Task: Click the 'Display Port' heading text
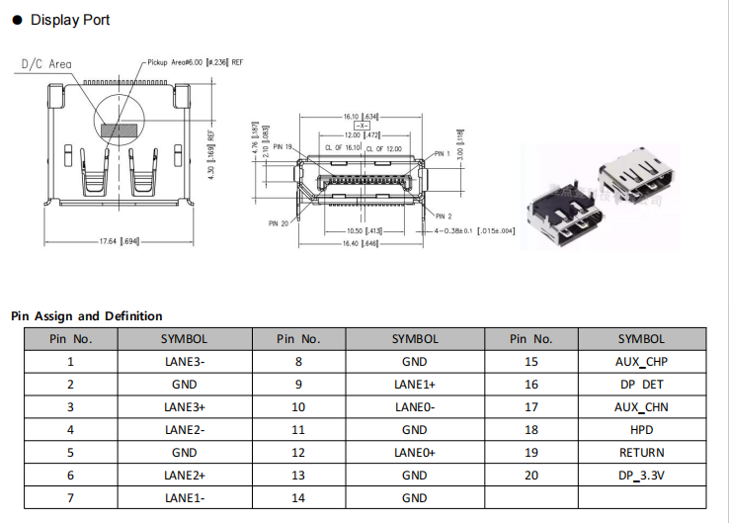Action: click(x=70, y=20)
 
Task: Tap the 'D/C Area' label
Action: click(x=46, y=64)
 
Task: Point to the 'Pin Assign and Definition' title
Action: click(x=87, y=316)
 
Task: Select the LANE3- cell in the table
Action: click(x=185, y=361)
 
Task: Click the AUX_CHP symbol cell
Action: click(x=641, y=361)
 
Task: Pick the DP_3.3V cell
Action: click(x=641, y=476)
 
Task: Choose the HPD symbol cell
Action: click(x=641, y=430)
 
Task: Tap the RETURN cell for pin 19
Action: click(x=641, y=453)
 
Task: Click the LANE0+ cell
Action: click(x=415, y=453)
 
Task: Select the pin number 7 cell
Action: click(x=70, y=498)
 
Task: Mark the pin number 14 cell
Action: click(x=298, y=498)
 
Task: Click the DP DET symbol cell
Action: click(x=641, y=384)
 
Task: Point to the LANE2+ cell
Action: click(x=185, y=476)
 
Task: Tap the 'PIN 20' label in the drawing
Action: click(x=281, y=223)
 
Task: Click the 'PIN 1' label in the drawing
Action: click(x=442, y=154)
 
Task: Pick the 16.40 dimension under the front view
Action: click(x=363, y=243)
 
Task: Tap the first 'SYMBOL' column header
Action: click(x=185, y=338)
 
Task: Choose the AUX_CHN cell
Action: click(x=641, y=406)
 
